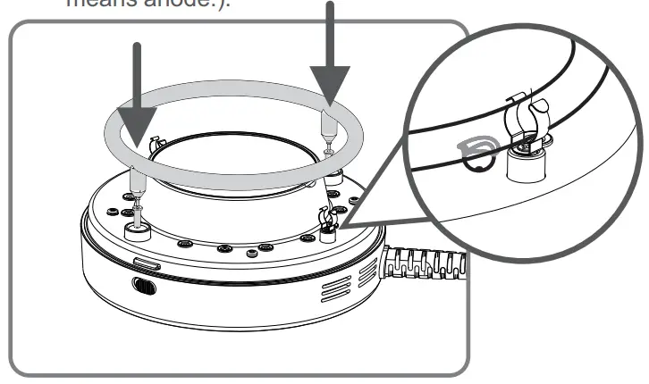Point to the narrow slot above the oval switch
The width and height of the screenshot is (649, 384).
(x=147, y=263)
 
